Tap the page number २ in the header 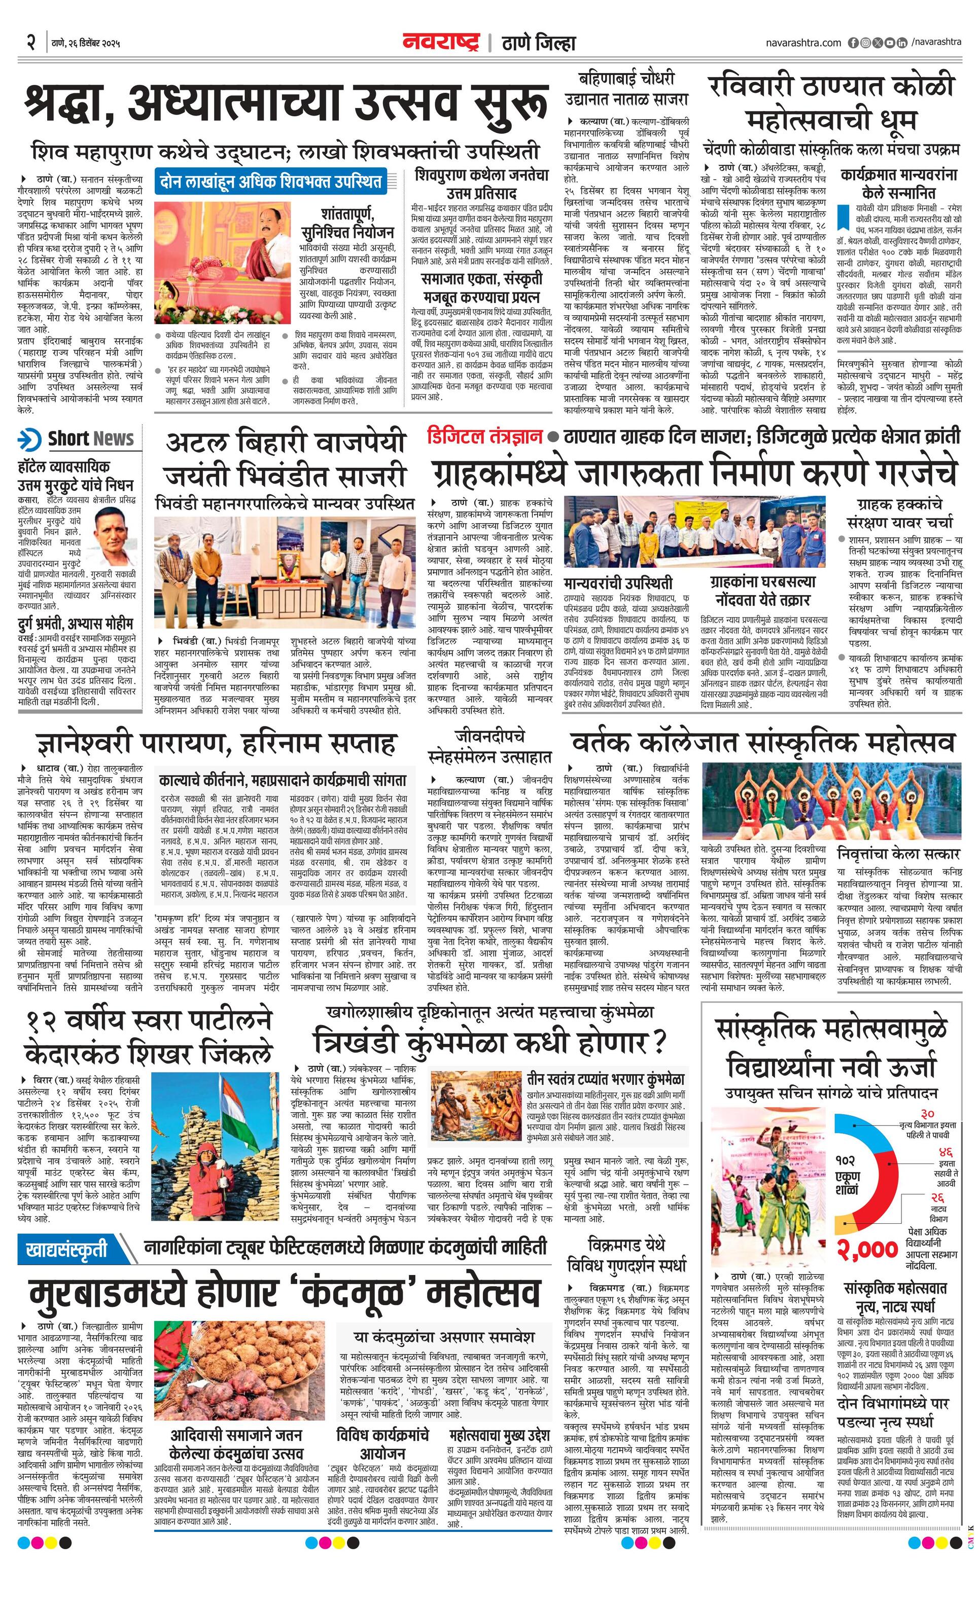[30, 43]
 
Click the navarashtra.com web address [803, 43]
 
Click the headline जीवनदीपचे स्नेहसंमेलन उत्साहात [489, 747]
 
